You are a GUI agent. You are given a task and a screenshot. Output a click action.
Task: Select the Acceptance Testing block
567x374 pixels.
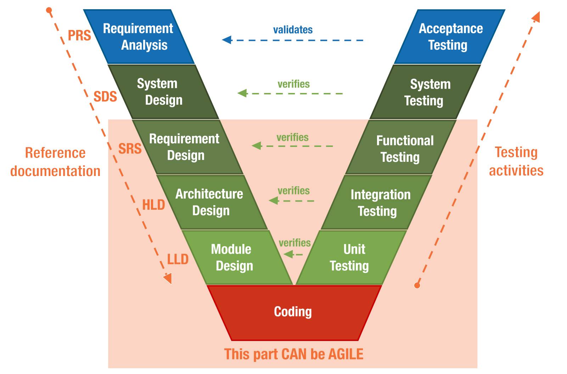pyautogui.click(x=449, y=37)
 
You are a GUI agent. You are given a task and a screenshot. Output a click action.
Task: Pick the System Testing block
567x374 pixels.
pyautogui.click(x=425, y=92)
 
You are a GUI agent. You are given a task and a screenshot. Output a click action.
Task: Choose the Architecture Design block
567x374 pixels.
pyautogui.click(x=211, y=202)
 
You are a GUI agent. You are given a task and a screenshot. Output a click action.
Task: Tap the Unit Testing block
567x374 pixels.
pyautogui.click(x=351, y=257)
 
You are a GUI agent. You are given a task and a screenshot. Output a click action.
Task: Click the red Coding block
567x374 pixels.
pyautogui.click(x=293, y=312)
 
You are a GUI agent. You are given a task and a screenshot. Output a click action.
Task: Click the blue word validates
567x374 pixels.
pyautogui.click(x=293, y=30)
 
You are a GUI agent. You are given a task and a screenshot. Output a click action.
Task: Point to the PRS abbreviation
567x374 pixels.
pyautogui.click(x=79, y=35)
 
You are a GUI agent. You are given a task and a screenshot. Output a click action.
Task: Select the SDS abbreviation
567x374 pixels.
pyautogui.click(x=105, y=97)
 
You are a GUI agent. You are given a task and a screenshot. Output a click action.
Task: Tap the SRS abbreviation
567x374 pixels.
pyautogui.click(x=130, y=149)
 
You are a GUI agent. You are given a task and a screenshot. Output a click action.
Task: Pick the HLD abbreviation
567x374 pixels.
pyautogui.click(x=153, y=205)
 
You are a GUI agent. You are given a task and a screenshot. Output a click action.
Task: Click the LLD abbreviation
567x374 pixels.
pyautogui.click(x=178, y=259)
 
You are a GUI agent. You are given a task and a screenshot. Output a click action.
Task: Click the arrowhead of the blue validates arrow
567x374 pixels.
pyautogui.click(x=226, y=40)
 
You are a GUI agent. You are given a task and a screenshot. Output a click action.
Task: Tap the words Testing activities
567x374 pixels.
pyautogui.click(x=516, y=161)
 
